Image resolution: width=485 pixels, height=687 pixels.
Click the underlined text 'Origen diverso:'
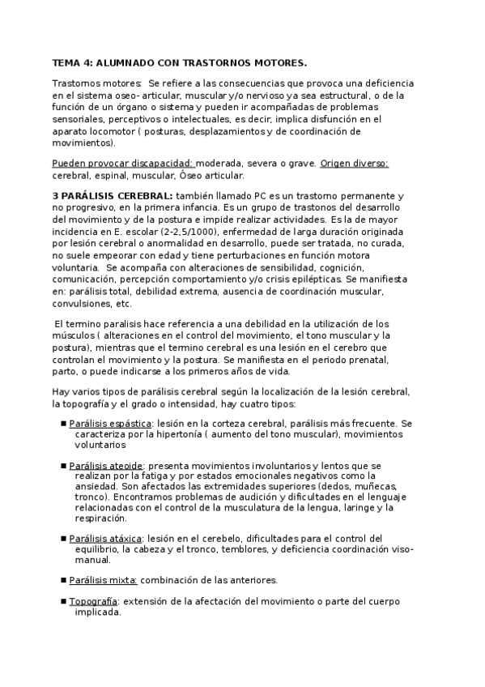pyautogui.click(x=354, y=163)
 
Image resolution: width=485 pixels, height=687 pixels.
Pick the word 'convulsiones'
pyautogui.click(x=81, y=304)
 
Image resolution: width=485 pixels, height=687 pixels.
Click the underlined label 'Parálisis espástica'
pyautogui.click(x=109, y=423)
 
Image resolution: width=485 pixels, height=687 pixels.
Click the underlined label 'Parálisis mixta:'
pyautogui.click(x=104, y=580)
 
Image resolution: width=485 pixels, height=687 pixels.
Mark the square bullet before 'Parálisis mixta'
pyautogui.click(x=62, y=581)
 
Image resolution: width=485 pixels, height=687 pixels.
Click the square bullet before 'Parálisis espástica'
pyautogui.click(x=62, y=423)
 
